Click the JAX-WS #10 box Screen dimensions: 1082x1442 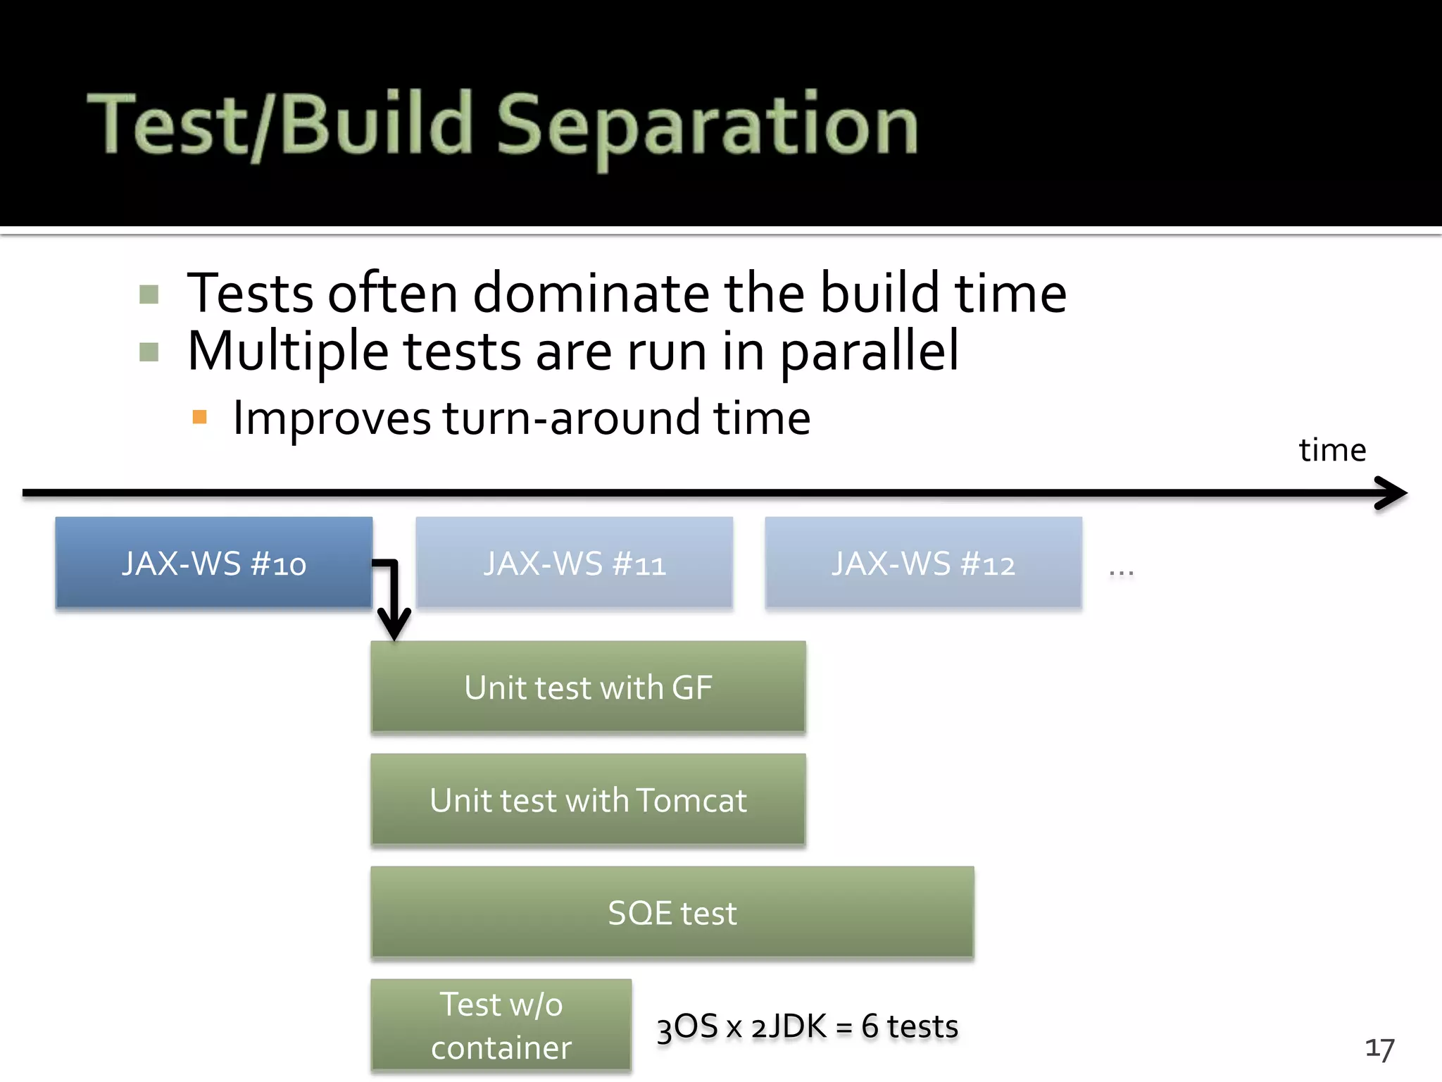click(x=213, y=563)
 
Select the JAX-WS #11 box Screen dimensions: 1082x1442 click(x=574, y=563)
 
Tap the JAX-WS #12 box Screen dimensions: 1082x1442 click(x=923, y=563)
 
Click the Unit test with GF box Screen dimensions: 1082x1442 click(x=588, y=687)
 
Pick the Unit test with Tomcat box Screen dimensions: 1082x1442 click(x=588, y=800)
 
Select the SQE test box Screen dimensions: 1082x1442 click(x=672, y=912)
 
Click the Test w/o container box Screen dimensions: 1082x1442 click(x=501, y=1025)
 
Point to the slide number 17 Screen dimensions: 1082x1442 click(x=1379, y=1049)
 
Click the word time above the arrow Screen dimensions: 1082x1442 click(x=1332, y=450)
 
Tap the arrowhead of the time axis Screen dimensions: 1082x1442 click(x=1391, y=493)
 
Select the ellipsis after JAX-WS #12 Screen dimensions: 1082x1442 click(x=1121, y=573)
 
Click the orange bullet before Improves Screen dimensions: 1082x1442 click(x=199, y=417)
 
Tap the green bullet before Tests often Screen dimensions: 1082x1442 click(x=149, y=294)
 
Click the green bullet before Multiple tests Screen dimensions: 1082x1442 click(x=149, y=352)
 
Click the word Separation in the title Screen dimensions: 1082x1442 click(x=707, y=125)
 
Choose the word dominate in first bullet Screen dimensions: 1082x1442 click(x=591, y=293)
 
